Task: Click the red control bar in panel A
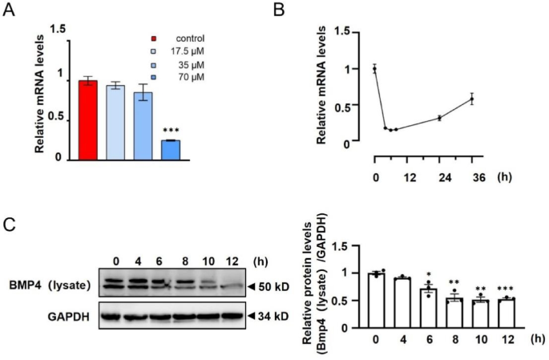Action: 87,120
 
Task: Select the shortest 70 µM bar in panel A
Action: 170,150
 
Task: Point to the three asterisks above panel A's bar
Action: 170,131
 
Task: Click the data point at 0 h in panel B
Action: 374,69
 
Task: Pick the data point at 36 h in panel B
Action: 472,99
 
